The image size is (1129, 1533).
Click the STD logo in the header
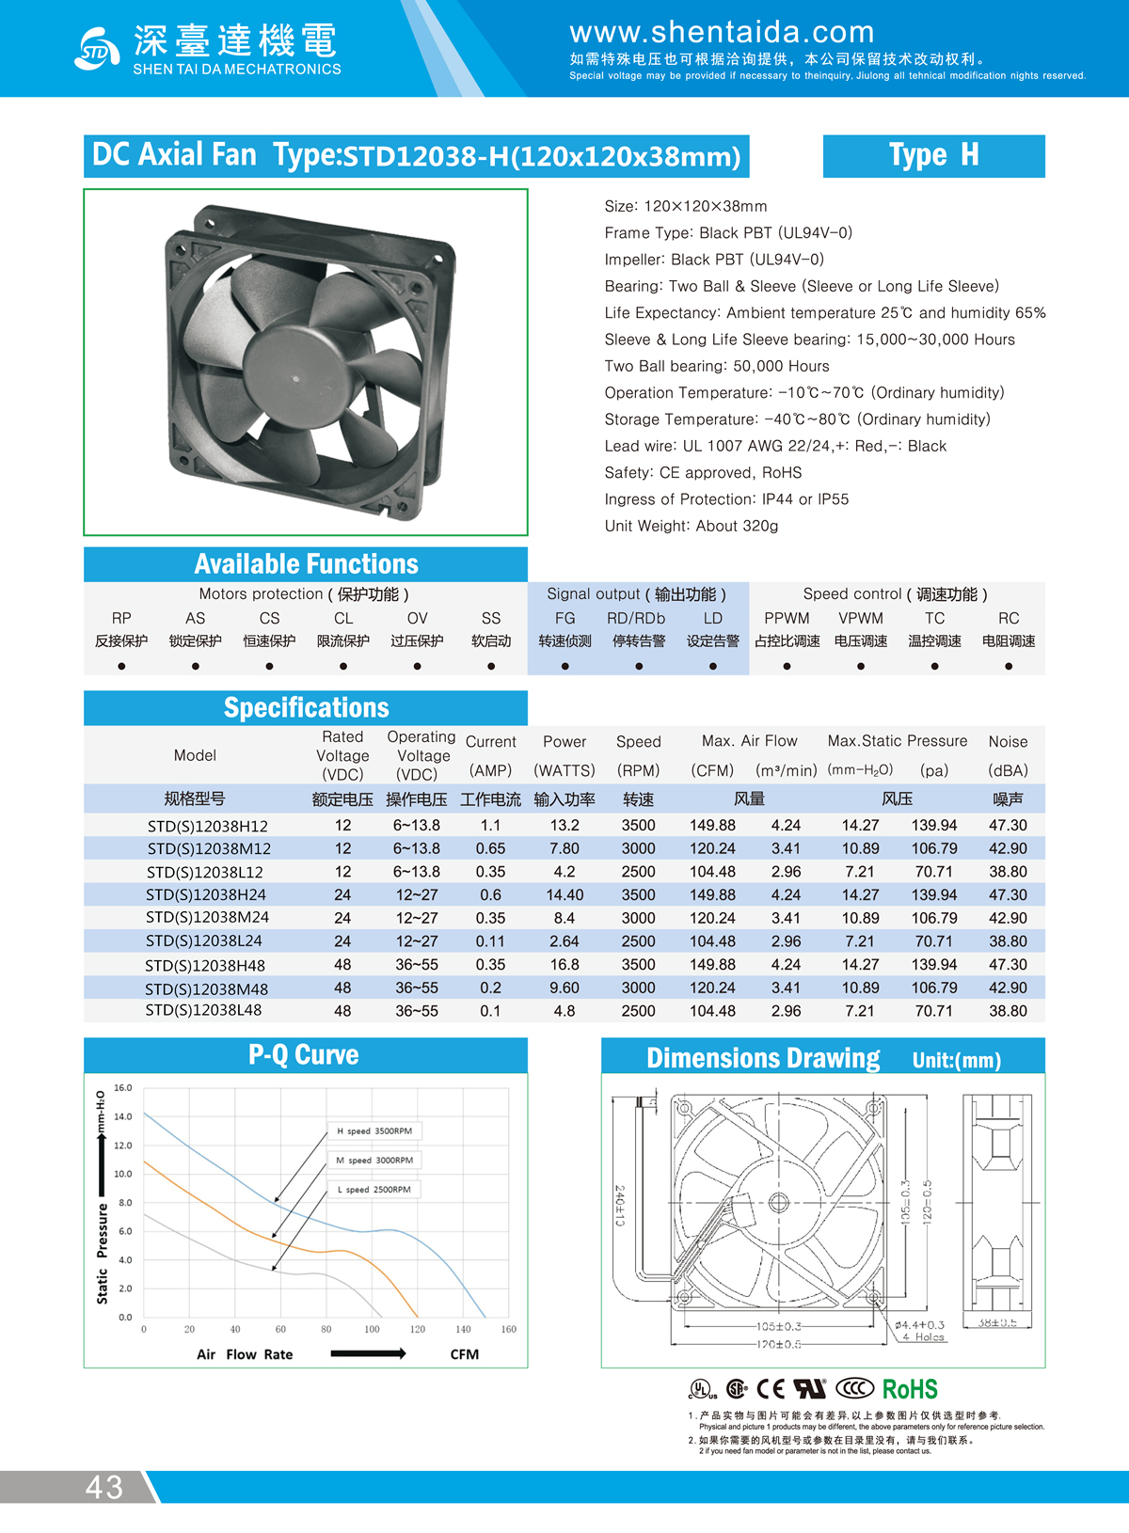tap(97, 50)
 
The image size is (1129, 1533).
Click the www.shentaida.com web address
tap(722, 32)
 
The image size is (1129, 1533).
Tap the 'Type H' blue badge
tap(933, 155)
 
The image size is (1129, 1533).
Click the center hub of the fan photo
tap(295, 379)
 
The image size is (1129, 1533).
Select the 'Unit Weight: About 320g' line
tap(692, 526)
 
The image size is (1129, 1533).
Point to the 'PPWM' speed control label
tap(787, 618)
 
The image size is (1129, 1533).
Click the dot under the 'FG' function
tap(564, 666)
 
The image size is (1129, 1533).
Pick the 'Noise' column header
tap(1008, 742)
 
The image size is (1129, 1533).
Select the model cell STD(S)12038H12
tap(208, 826)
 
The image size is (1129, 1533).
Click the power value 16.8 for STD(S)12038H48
tap(564, 965)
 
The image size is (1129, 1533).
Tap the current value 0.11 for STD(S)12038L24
tap(490, 941)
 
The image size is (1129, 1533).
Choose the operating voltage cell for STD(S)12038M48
tap(417, 988)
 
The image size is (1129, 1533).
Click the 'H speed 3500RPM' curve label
tap(374, 1130)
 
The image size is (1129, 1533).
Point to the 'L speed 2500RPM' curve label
tap(374, 1190)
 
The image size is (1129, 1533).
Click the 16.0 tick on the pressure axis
tap(123, 1088)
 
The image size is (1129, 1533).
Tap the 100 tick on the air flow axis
tap(372, 1329)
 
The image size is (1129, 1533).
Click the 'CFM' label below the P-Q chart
tap(465, 1354)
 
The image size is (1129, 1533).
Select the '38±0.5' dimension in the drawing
tap(997, 1322)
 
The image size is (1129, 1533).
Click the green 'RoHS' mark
tap(910, 1389)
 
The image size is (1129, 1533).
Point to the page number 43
tap(104, 1487)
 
